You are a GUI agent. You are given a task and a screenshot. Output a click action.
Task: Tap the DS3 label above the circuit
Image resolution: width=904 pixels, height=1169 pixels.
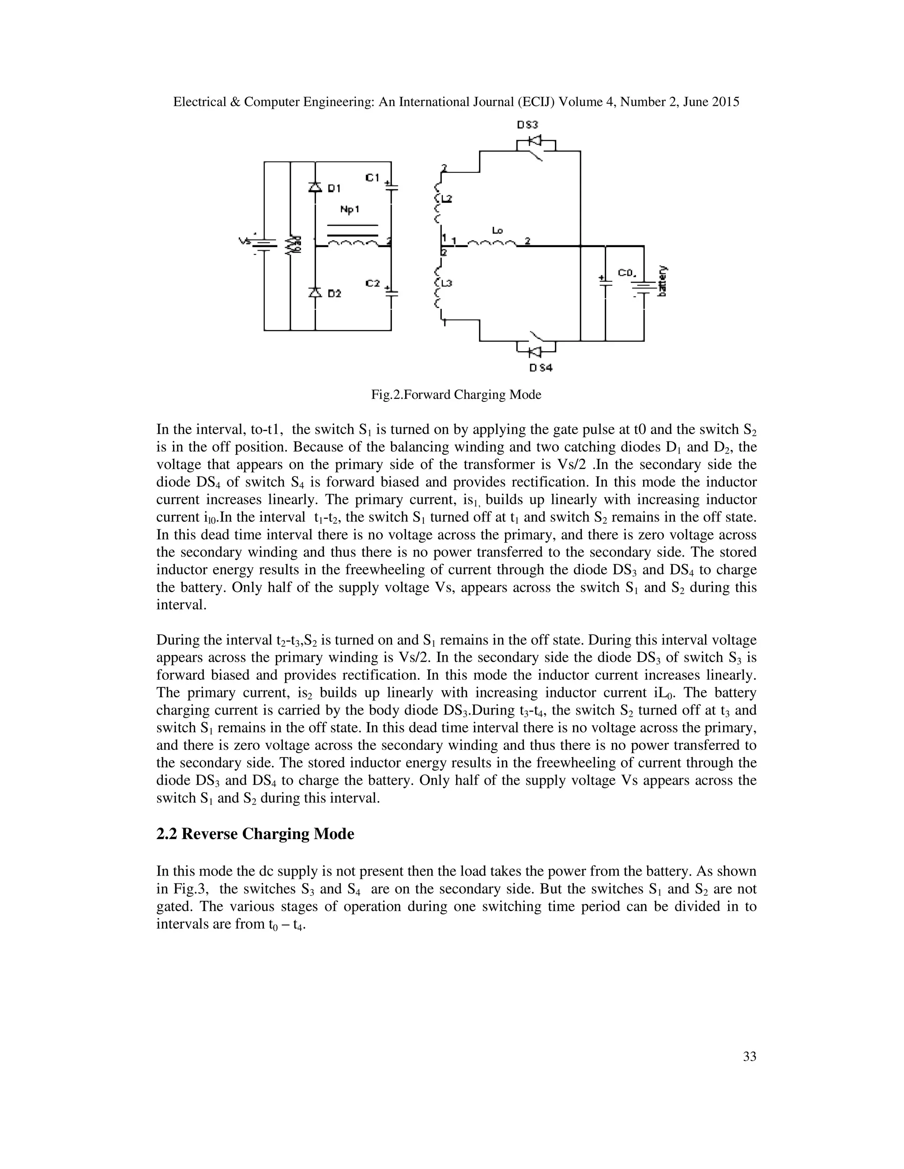click(x=527, y=125)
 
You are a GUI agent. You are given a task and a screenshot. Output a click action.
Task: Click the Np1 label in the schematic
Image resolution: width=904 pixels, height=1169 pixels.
click(x=350, y=210)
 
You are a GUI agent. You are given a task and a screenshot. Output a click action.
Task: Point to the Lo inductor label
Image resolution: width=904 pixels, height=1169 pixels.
click(x=497, y=231)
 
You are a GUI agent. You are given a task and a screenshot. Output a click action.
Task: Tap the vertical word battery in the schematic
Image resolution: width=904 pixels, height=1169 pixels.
click(x=663, y=281)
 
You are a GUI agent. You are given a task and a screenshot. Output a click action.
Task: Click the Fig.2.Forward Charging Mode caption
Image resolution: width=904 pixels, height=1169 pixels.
click(x=456, y=395)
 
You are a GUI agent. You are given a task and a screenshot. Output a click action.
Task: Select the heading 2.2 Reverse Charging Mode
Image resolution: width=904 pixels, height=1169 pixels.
click(x=255, y=834)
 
